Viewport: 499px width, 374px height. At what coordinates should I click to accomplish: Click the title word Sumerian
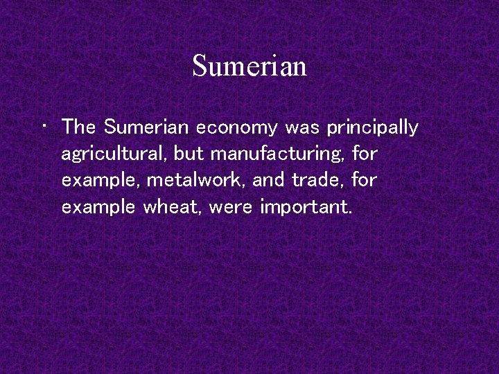click(249, 66)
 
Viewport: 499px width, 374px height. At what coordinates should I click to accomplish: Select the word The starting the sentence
click(78, 127)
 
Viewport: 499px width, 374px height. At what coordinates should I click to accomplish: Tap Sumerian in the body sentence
click(147, 127)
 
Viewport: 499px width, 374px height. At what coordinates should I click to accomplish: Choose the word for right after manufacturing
click(365, 154)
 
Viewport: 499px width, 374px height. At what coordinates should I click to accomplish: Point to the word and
click(268, 180)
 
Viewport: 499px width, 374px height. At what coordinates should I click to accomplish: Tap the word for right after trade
click(365, 180)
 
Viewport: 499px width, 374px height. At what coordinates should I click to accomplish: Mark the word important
click(306, 206)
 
